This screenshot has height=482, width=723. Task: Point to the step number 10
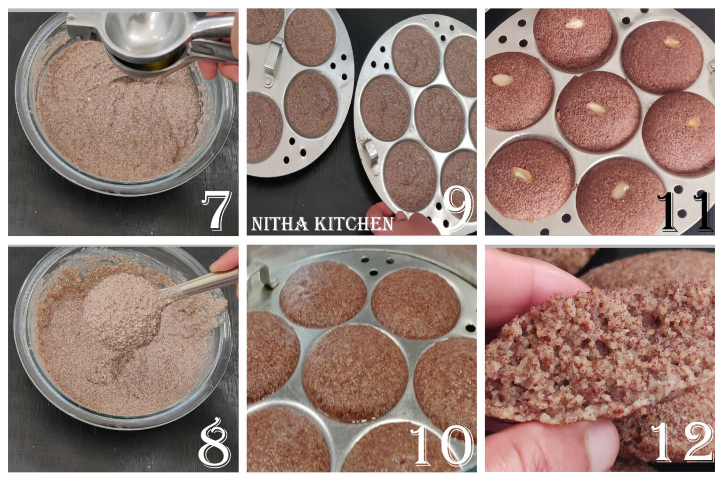(442, 446)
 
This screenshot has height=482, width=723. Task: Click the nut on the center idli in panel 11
(595, 108)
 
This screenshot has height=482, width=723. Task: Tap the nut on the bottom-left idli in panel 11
(522, 175)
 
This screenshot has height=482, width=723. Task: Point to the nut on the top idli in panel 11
(574, 23)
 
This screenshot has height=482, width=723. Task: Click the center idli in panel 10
(354, 372)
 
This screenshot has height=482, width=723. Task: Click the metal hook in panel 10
(262, 275)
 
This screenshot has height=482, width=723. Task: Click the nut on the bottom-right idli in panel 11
(619, 191)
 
